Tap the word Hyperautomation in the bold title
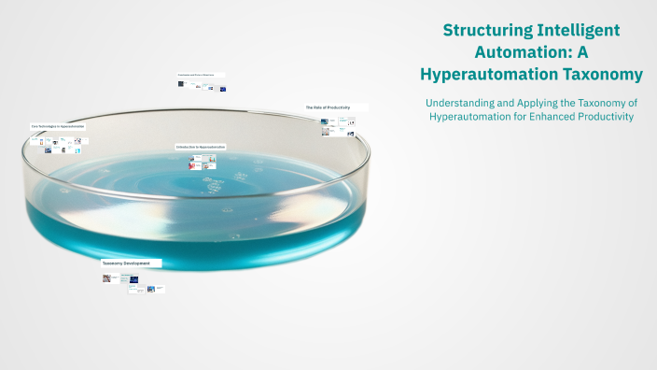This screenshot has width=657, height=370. tap(493, 74)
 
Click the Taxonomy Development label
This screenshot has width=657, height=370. tap(126, 263)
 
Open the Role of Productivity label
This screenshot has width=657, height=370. tap(328, 107)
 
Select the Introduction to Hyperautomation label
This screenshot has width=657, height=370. tap(200, 147)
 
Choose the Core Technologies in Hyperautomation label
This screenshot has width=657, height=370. tap(58, 125)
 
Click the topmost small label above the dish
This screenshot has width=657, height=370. tap(203, 74)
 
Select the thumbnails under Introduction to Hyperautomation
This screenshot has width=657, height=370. tap(203, 162)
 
